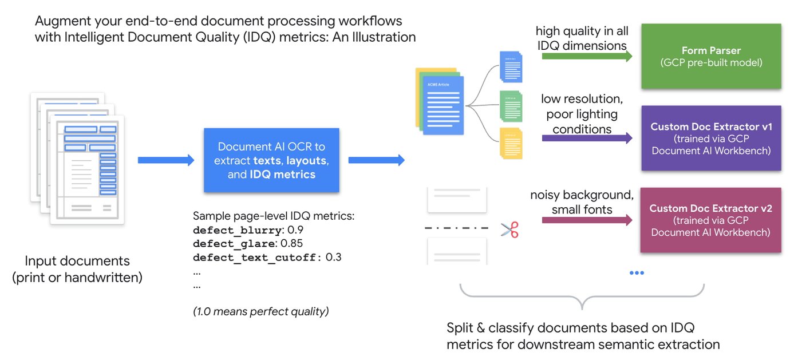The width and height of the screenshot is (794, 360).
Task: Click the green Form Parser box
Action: pyautogui.click(x=711, y=56)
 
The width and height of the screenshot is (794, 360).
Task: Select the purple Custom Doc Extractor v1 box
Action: pyautogui.click(x=711, y=138)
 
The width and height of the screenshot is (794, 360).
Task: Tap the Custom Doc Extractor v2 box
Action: pyautogui.click(x=710, y=220)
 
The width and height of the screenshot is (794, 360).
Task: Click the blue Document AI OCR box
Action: pyautogui.click(x=271, y=160)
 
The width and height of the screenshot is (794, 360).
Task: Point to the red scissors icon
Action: pyautogui.click(x=509, y=230)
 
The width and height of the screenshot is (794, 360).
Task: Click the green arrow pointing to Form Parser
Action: pyautogui.click(x=587, y=56)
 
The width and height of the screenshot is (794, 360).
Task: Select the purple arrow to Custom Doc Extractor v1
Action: pyautogui.click(x=587, y=138)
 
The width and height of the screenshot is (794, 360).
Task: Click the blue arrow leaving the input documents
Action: pyautogui.click(x=166, y=160)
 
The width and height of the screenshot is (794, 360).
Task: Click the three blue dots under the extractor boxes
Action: pyautogui.click(x=637, y=272)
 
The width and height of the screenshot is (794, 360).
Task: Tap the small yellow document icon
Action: pyautogui.click(x=511, y=143)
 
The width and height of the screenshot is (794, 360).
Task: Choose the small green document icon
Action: pyautogui.click(x=511, y=106)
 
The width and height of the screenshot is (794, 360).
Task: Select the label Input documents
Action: pyautogui.click(x=77, y=261)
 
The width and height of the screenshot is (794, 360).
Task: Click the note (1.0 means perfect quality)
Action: pyautogui.click(x=261, y=312)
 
